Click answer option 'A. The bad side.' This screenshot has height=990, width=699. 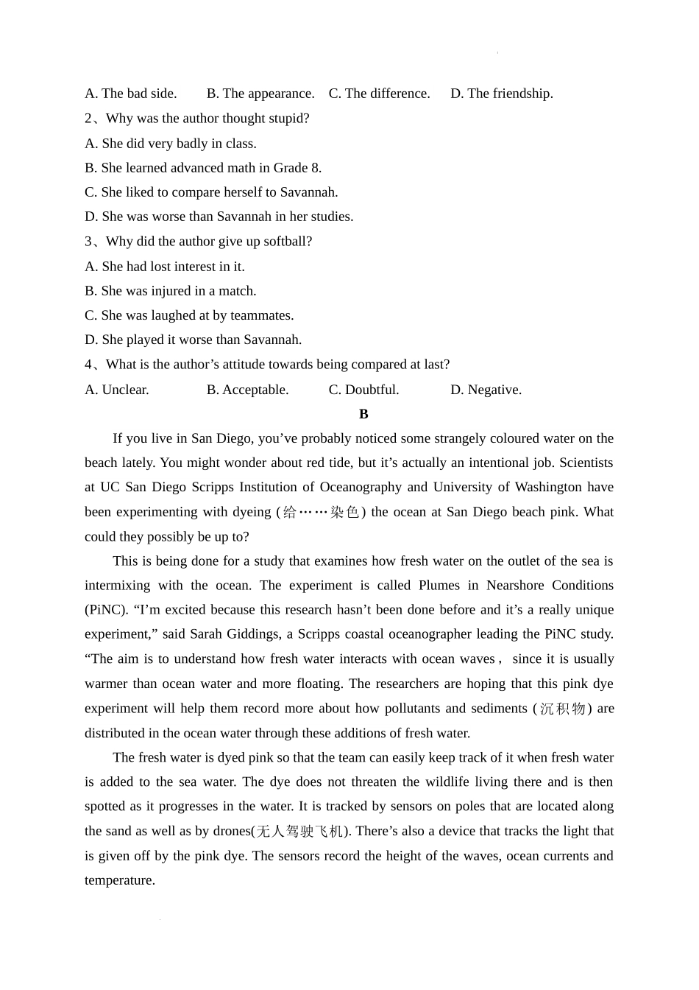coord(131,94)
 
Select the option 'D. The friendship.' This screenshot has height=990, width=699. coord(502,94)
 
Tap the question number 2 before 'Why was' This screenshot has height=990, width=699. coord(88,119)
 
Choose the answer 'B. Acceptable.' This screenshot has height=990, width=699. coord(247,390)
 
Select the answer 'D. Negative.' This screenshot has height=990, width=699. coord(486,390)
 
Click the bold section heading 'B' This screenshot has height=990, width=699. coord(363,414)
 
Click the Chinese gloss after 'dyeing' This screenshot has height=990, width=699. coord(321,512)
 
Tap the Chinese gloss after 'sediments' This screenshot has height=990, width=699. coord(562,709)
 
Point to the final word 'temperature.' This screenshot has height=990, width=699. coord(120,880)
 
